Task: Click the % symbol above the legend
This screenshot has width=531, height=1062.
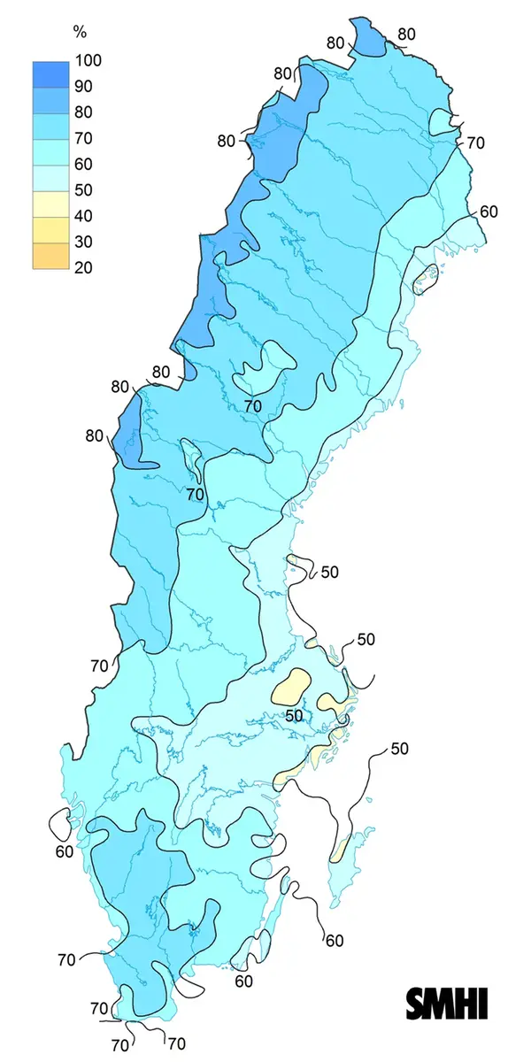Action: click(79, 33)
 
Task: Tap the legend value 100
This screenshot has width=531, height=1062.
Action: click(89, 60)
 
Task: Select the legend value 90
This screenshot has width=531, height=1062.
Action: click(85, 86)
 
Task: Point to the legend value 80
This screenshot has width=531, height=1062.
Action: click(85, 112)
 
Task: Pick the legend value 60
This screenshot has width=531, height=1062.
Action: click(85, 164)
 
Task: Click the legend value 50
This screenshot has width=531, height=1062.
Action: click(85, 189)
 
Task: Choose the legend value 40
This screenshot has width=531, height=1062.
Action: click(85, 215)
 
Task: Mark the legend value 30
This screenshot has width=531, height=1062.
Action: click(85, 241)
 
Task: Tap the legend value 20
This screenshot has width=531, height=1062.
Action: click(85, 267)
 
